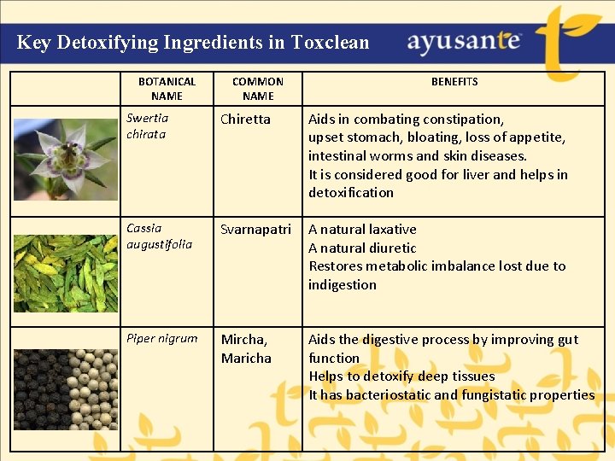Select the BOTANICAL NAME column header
pyautogui.click(x=167, y=89)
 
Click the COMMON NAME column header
pyautogui.click(x=257, y=89)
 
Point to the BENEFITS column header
pyautogui.click(x=454, y=82)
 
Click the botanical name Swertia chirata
pyautogui.click(x=147, y=126)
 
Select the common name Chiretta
pyautogui.click(x=245, y=120)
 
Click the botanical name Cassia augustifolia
pyautogui.click(x=159, y=236)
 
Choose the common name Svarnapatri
pyautogui.click(x=255, y=230)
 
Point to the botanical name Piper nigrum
pyautogui.click(x=161, y=339)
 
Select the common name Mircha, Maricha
pyautogui.click(x=246, y=348)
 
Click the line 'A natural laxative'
pyautogui.click(x=362, y=230)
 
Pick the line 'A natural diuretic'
pyautogui.click(x=362, y=248)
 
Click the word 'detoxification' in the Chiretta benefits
pyautogui.click(x=351, y=193)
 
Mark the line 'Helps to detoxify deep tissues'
pyautogui.click(x=401, y=376)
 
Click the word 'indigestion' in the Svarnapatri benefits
pyautogui.click(x=342, y=285)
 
